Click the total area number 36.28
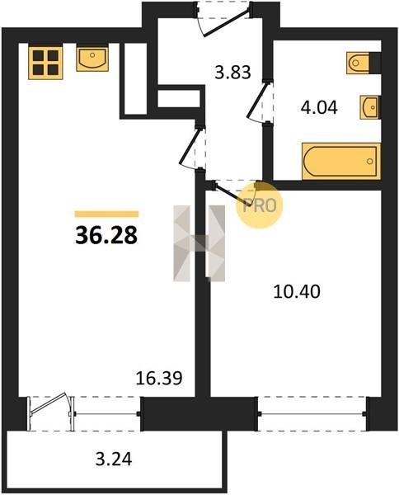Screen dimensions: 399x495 106,236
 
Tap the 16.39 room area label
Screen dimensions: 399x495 159,378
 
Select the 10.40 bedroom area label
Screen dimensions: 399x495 297,292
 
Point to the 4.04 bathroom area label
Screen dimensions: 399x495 319,107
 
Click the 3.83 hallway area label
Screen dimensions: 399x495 232,72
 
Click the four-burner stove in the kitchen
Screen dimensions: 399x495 45,62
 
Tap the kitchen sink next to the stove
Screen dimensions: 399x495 92,59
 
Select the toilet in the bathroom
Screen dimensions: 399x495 358,63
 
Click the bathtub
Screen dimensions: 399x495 341,162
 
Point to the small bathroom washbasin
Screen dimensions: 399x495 369,107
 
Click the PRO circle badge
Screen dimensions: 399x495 260,205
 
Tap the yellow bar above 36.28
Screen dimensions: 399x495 106,214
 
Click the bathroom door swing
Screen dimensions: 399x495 260,101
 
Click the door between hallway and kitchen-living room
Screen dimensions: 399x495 192,147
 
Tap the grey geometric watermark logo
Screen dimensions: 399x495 199,243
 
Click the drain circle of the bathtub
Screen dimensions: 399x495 370,162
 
